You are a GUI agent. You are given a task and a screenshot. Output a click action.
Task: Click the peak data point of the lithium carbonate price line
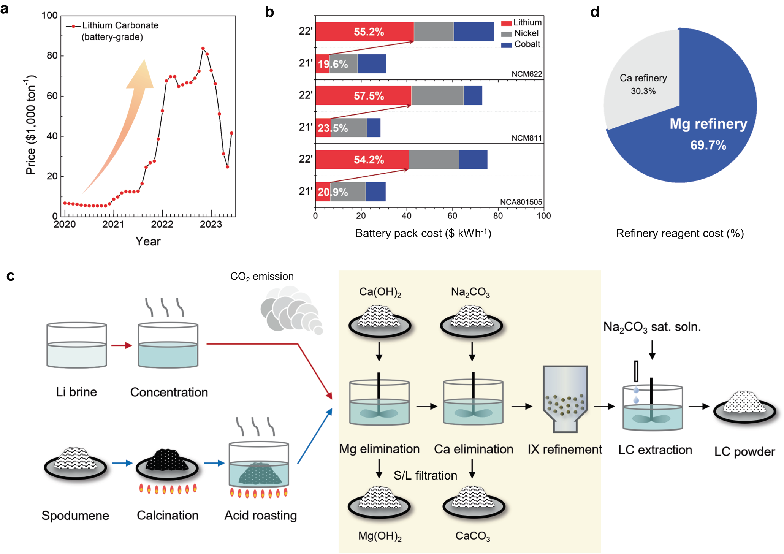pos(203,49)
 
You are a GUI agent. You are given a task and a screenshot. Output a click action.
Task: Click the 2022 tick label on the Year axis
pos(162,224)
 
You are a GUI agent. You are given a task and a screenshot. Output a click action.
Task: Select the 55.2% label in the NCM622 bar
pos(369,32)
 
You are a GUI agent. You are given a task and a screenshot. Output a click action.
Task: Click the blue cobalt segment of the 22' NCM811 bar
pos(473,96)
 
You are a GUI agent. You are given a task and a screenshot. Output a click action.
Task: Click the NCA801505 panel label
pos(521,202)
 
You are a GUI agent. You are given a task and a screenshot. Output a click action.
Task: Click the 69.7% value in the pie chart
pos(708,145)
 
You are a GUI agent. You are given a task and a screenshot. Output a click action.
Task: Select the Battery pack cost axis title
pos(423,233)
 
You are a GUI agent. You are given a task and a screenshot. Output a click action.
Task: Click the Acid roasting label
pos(260,516)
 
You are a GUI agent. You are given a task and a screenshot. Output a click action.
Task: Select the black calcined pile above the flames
pos(167,461)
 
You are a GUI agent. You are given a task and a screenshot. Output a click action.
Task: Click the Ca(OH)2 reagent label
pos(380,292)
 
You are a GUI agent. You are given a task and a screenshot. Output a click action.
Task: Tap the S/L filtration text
pos(425,475)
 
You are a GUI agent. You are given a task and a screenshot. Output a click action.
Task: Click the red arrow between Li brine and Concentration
pos(122,345)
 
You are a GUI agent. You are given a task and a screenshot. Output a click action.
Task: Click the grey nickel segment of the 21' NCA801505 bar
pos(348,192)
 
